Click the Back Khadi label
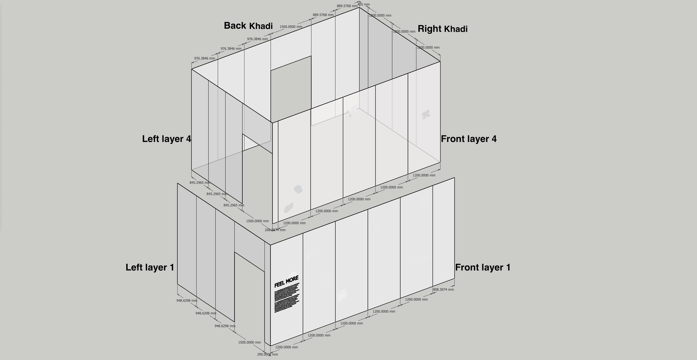coord(248,26)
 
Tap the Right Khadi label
coord(442,29)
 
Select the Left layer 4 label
coord(166,139)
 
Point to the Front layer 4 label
coord(469,139)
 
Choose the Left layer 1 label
coord(150,267)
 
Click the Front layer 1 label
coord(483,267)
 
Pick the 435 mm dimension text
coord(364,4)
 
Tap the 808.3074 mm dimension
coord(443,290)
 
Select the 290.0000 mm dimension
coord(267,354)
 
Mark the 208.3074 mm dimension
coord(275,230)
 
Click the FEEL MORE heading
coord(286,281)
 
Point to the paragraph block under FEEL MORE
coord(287,298)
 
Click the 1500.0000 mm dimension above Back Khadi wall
coord(291,27)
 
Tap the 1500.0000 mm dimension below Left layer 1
coord(250,342)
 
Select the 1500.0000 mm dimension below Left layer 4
coord(257,221)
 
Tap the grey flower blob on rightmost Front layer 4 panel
coord(425,114)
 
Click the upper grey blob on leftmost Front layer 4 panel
coord(298,189)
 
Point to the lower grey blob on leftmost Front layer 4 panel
coord(288,208)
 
